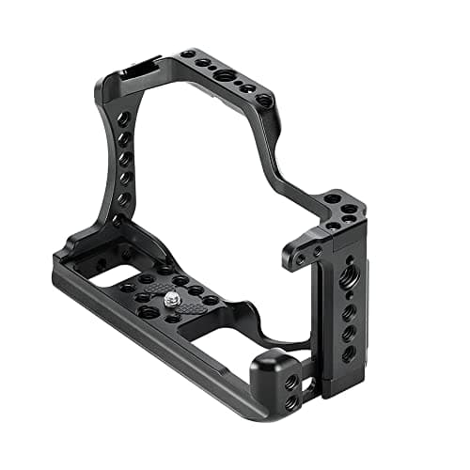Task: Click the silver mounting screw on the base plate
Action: [173, 298]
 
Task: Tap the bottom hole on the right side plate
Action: [349, 353]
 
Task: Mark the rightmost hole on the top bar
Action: [264, 99]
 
